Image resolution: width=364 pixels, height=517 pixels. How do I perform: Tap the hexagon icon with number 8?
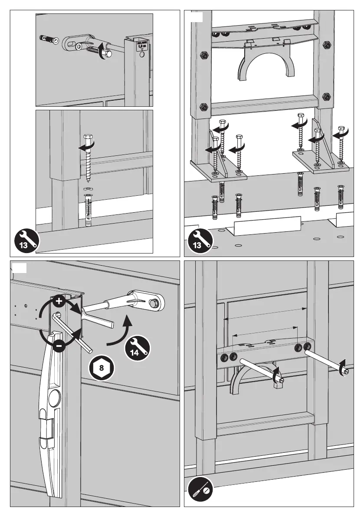click(102, 368)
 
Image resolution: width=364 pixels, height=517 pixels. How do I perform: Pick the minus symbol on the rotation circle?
click(60, 345)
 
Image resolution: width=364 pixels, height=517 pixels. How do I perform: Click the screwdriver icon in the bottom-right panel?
click(200, 491)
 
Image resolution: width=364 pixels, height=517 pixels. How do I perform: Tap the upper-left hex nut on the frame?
click(203, 56)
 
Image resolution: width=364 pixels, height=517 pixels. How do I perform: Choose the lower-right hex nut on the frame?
click(326, 96)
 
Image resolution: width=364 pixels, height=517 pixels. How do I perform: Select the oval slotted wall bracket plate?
click(78, 43)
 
